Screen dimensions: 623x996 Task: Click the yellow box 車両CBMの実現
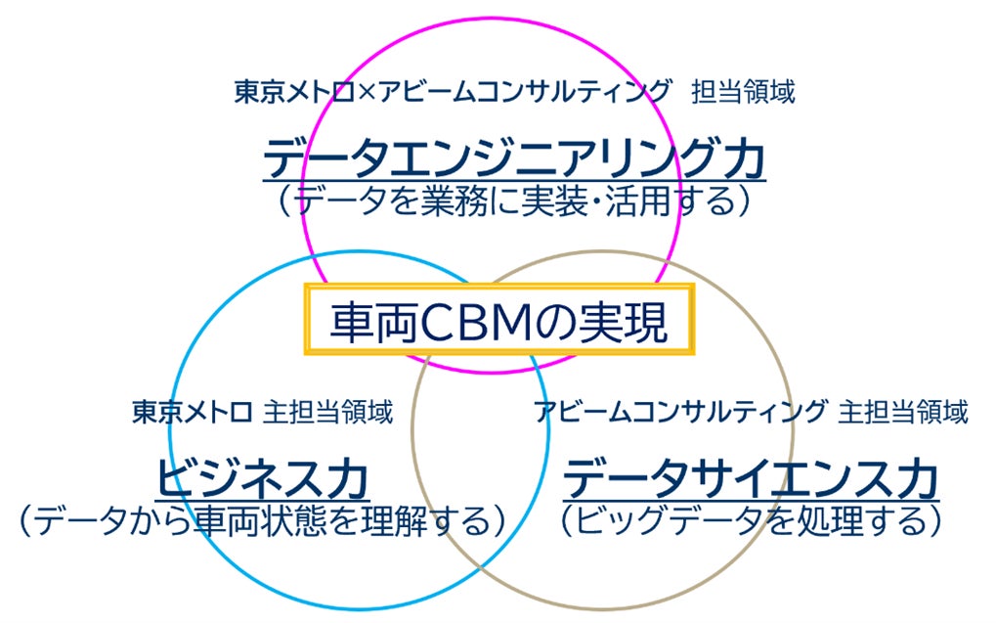[498, 320]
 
